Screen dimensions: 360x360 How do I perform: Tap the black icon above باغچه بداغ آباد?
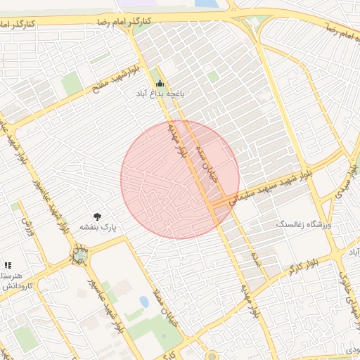[159, 82]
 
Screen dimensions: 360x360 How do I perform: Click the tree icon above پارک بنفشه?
[97, 217]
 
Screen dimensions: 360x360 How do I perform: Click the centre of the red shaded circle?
[180, 179]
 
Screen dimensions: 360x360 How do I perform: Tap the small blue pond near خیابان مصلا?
[144, 302]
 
